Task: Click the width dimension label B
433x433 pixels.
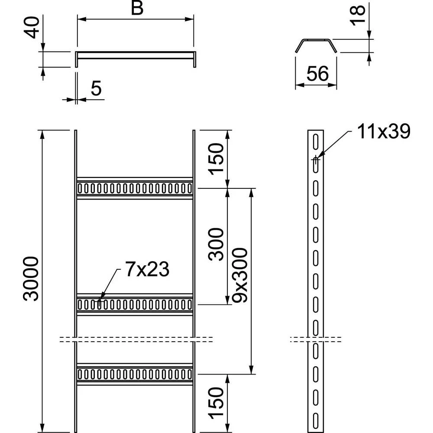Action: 137,9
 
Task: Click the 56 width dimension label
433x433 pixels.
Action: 317,74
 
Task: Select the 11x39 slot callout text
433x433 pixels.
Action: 384,132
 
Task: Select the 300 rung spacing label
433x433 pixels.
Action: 216,244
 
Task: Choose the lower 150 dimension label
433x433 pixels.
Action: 216,404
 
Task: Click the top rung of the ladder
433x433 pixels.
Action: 134,188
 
